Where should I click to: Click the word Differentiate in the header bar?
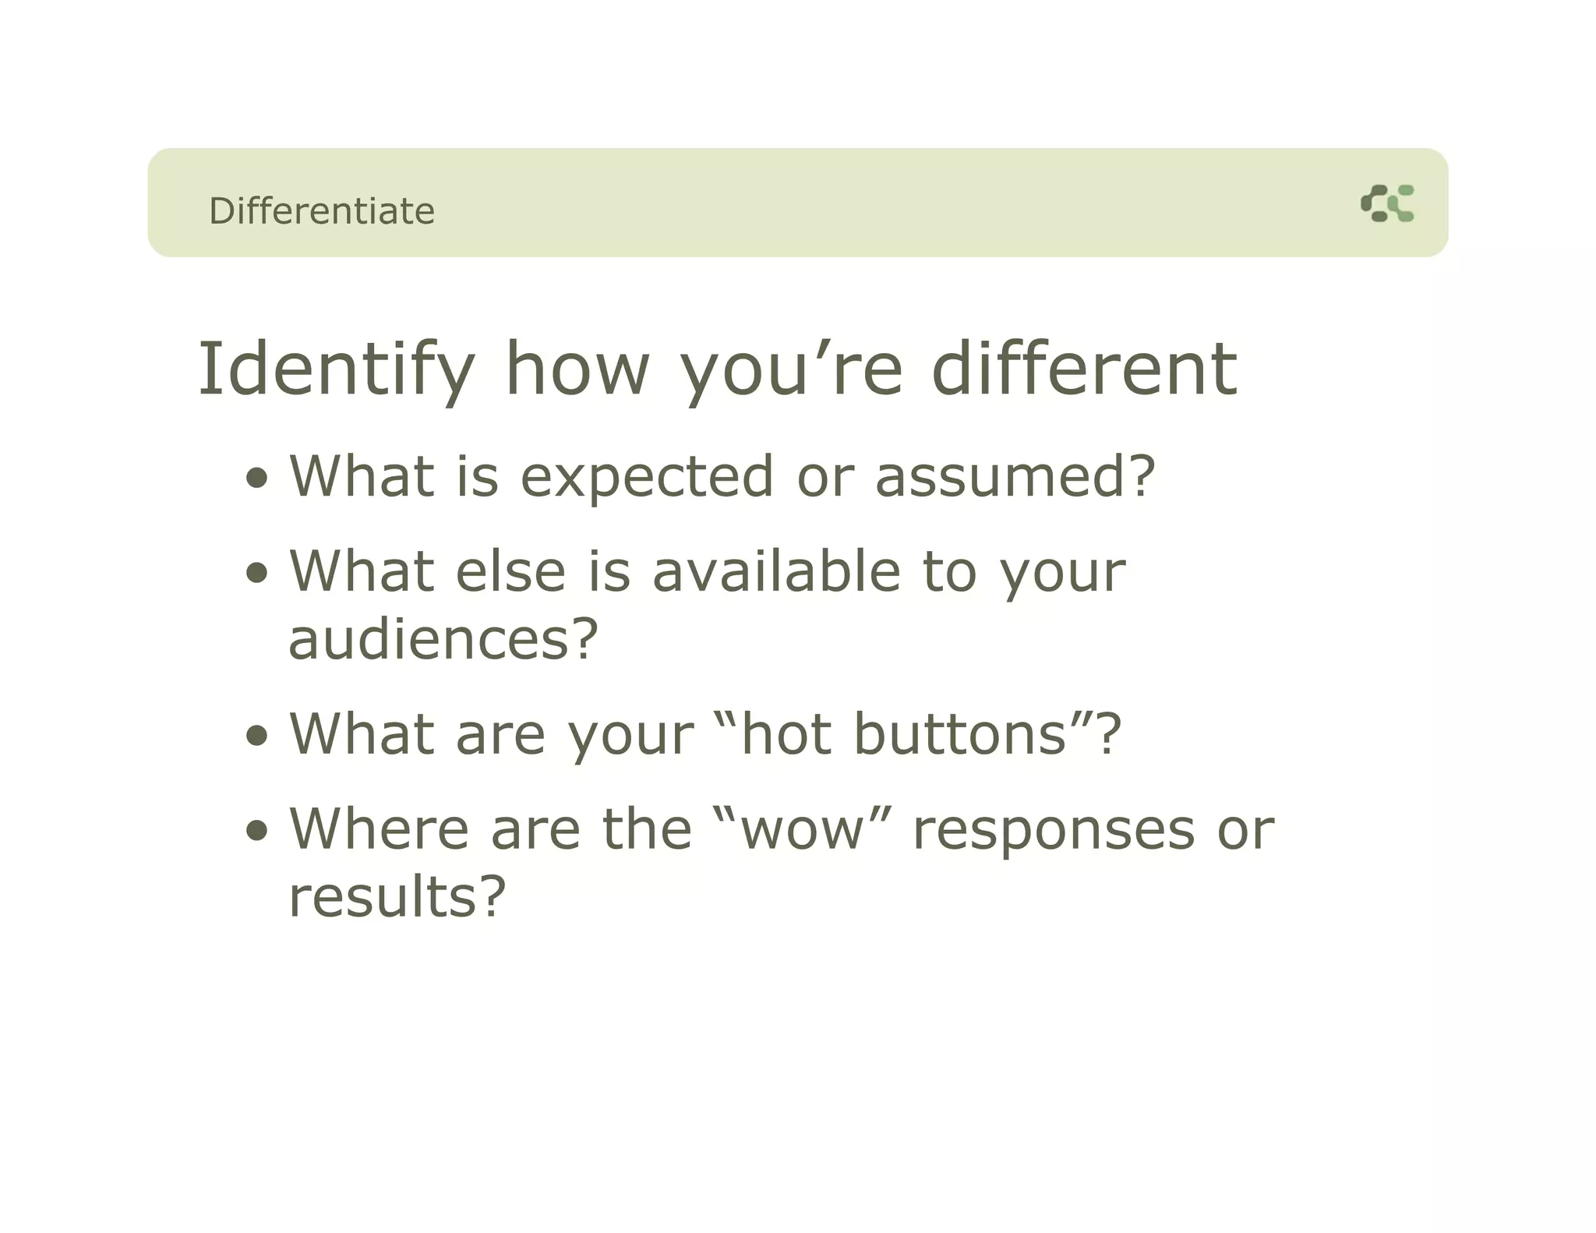(x=321, y=211)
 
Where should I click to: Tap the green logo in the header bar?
(x=1387, y=203)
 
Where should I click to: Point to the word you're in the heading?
(x=791, y=369)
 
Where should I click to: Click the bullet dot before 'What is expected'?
(x=256, y=477)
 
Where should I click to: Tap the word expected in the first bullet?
(x=647, y=477)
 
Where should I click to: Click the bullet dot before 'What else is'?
(x=256, y=574)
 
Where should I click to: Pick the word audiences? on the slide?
(x=443, y=639)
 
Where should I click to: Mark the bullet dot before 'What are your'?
(x=256, y=736)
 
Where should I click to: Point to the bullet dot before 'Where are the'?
(x=256, y=831)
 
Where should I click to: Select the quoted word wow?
(x=803, y=829)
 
